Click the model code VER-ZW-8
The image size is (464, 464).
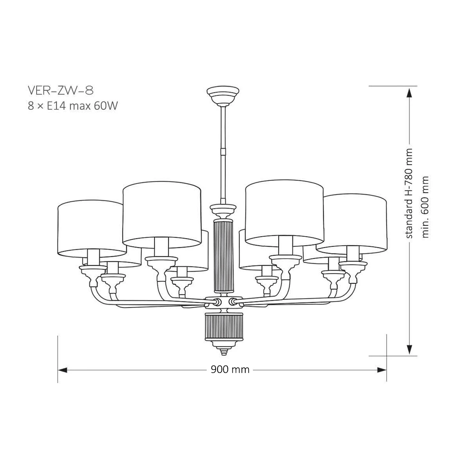point(61,91)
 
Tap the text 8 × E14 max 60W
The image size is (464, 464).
point(73,105)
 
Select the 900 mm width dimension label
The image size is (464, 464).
point(230,369)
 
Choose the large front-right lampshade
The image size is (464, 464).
point(285,213)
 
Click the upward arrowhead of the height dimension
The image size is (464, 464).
point(409,93)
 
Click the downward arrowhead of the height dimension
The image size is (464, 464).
point(409,349)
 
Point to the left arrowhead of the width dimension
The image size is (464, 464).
point(63,370)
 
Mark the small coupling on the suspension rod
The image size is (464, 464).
point(223,151)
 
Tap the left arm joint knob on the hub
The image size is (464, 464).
point(217,302)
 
